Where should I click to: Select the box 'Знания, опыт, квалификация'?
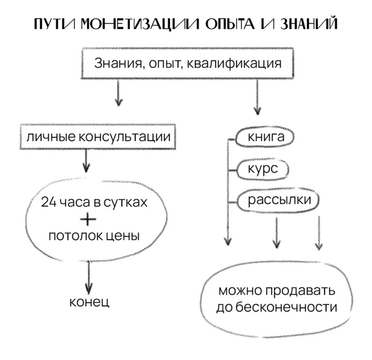[x=187, y=64]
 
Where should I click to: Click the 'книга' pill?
[x=266, y=138]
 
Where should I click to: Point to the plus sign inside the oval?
[x=91, y=219]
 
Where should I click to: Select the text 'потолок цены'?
[x=94, y=235]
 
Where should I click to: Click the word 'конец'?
[x=89, y=303]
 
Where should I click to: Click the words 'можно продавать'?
[x=276, y=291]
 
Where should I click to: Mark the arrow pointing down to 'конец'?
[x=89, y=277]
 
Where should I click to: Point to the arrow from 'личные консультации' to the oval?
[x=86, y=160]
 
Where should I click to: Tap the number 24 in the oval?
[x=48, y=203]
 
